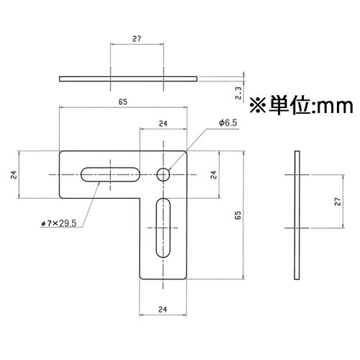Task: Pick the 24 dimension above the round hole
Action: (x=163, y=124)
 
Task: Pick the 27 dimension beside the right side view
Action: (x=337, y=203)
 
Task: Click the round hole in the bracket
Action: (x=163, y=174)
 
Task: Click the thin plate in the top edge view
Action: (x=128, y=77)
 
